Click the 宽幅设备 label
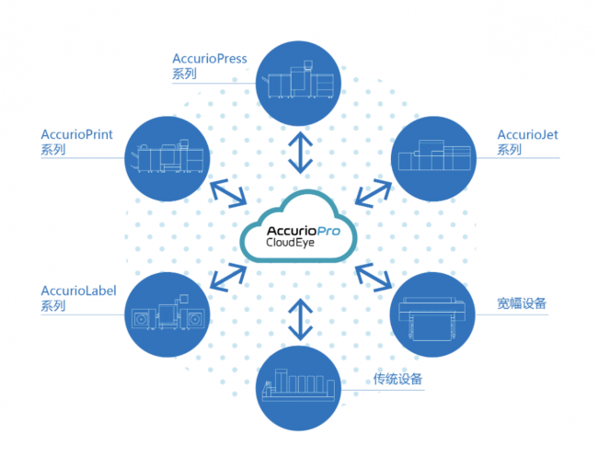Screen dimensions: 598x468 522,303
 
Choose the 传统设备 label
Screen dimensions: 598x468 397,379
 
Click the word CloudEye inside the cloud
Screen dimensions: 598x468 290,243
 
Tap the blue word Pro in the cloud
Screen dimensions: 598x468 328,231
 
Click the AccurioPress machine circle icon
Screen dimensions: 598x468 298,83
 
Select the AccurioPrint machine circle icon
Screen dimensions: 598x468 167,158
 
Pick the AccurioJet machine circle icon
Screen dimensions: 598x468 433,158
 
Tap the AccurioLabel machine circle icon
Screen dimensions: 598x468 167,314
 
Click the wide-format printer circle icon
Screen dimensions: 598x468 432,314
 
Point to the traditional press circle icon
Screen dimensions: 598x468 298,388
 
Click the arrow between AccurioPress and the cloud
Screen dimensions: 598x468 301,153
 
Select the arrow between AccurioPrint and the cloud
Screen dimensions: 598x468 228,194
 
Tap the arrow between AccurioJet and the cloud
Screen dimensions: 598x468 374,193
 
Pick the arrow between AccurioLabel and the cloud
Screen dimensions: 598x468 228,278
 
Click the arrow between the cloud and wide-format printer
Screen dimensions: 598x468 374,278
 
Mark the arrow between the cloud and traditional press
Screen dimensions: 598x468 301,319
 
